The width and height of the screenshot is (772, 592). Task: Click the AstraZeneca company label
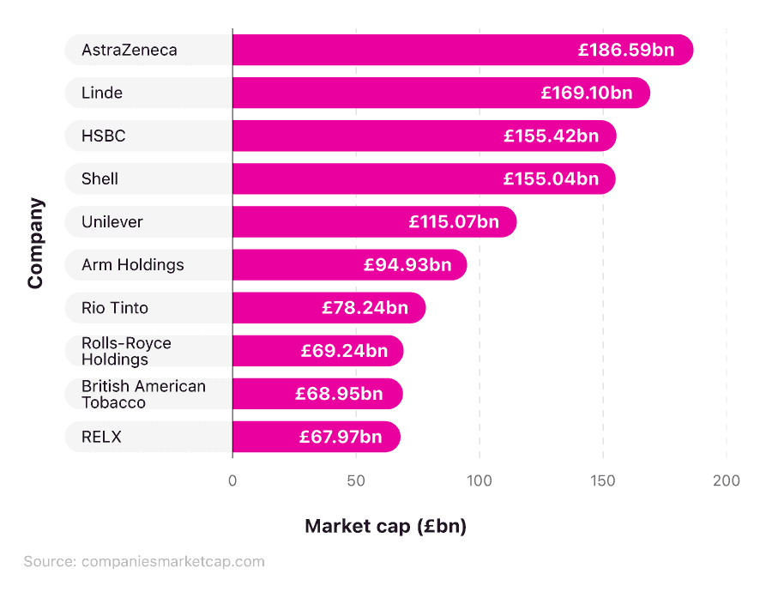(130, 50)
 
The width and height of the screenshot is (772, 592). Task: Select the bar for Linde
(386, 93)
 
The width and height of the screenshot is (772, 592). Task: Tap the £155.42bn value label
(551, 136)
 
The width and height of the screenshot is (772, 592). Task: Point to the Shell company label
(100, 178)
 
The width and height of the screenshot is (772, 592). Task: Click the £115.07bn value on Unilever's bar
(454, 221)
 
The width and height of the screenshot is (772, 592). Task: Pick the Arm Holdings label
(133, 264)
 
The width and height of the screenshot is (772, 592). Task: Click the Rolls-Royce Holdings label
(126, 351)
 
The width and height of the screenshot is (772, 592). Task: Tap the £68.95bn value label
(339, 394)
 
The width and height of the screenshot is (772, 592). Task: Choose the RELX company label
(101, 437)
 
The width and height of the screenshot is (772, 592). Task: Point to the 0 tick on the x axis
(232, 480)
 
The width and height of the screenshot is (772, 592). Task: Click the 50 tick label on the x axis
(356, 480)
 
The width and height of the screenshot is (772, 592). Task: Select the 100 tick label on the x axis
(479, 480)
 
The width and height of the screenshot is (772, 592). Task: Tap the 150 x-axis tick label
(603, 480)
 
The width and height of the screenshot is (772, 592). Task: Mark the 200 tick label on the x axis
(727, 480)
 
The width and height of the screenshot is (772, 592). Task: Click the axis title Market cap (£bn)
(385, 526)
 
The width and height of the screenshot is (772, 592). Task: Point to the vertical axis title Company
(35, 244)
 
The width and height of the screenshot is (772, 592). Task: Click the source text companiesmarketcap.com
(172, 562)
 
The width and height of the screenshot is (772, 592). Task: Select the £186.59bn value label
(626, 50)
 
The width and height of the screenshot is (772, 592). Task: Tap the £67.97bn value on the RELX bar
(341, 437)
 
